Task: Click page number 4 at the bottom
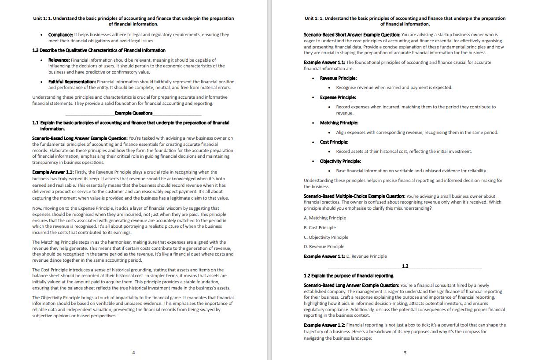(133, 353)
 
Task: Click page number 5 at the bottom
(405, 353)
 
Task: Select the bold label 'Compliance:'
(61, 34)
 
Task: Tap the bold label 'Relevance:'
(59, 60)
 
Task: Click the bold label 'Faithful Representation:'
(72, 82)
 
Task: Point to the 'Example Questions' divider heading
(133, 113)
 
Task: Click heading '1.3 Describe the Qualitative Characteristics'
(99, 50)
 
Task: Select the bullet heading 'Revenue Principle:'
(338, 78)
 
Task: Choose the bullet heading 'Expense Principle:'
(338, 97)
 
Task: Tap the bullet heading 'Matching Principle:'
(339, 122)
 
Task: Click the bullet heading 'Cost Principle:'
(334, 142)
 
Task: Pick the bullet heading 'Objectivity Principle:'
(340, 161)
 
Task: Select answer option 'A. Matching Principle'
(325, 218)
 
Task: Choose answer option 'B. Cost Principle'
(320, 227)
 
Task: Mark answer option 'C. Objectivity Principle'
(326, 237)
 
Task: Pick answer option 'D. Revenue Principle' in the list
(324, 247)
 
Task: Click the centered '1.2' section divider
(405, 266)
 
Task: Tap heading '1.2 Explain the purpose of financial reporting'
(349, 276)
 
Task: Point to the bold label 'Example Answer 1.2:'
(324, 325)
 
